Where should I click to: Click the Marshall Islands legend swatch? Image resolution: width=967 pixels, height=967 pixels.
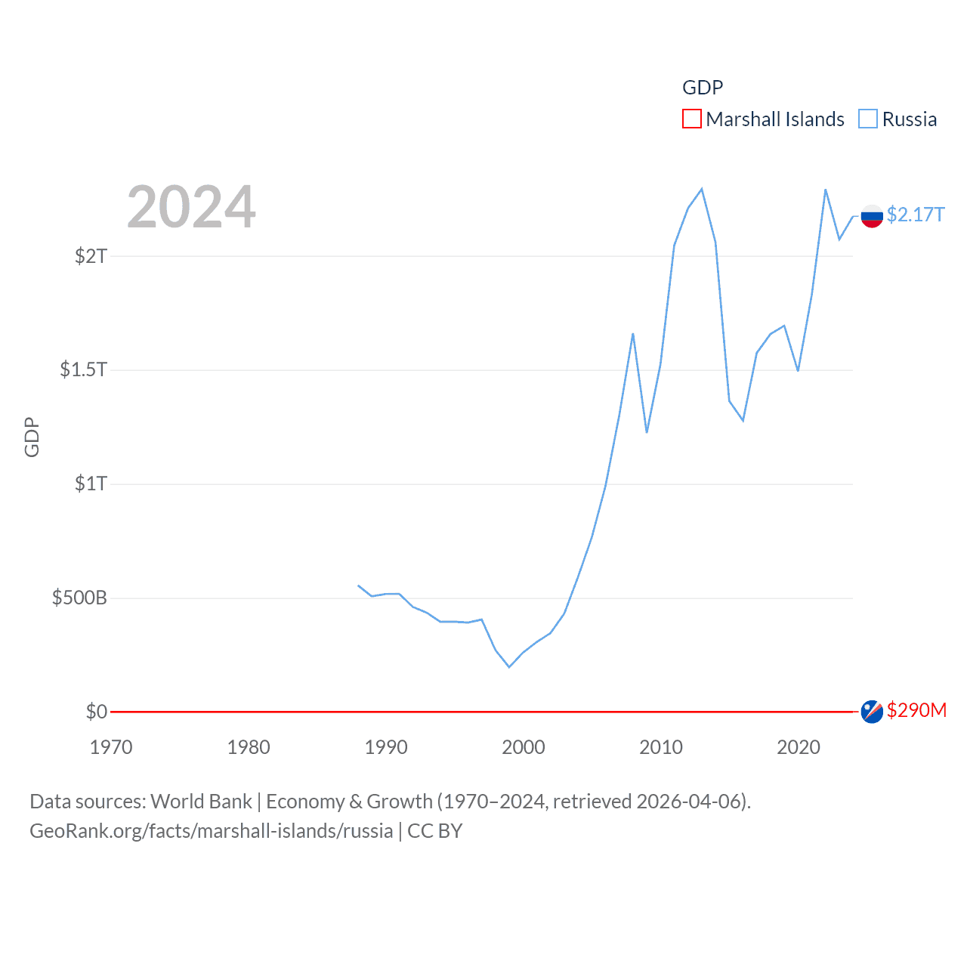691,119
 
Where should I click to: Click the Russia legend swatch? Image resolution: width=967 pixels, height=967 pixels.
868,119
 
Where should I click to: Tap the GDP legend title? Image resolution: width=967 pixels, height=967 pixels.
703,88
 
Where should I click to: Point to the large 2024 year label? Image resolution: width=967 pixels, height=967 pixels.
191,207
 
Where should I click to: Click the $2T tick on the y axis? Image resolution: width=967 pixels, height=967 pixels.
91,256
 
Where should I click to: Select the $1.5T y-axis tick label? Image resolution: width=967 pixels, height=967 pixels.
83,369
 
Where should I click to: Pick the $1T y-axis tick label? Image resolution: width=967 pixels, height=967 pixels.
91,483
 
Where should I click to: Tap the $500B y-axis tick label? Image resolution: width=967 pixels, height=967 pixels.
79,598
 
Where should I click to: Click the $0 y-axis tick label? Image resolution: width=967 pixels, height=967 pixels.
96,712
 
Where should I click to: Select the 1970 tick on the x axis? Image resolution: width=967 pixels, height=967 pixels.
111,747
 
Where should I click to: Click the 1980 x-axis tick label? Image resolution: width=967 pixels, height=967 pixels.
249,747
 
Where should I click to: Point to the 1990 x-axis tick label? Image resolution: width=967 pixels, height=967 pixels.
386,747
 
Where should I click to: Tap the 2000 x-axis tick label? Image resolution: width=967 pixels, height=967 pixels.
524,747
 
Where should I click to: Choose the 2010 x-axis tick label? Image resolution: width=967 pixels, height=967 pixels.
661,747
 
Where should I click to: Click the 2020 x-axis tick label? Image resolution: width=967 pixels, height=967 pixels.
799,747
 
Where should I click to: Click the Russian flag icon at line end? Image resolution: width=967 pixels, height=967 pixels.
872,216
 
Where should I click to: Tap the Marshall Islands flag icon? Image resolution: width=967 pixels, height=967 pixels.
872,712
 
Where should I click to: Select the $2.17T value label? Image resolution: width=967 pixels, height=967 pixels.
916,215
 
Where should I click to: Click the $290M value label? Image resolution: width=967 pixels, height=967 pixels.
916,710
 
